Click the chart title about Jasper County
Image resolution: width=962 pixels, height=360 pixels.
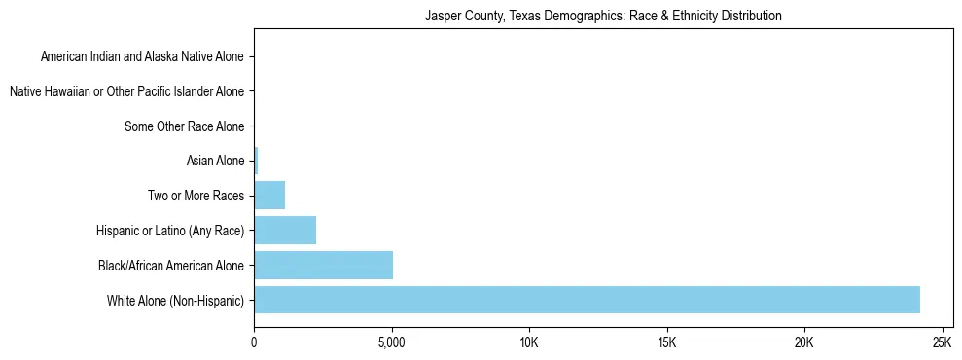click(x=603, y=17)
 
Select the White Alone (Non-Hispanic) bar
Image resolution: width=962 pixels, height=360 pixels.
click(x=587, y=300)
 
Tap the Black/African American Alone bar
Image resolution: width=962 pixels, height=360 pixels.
click(x=323, y=265)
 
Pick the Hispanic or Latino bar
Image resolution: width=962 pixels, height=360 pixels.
click(x=285, y=230)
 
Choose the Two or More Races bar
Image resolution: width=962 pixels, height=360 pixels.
click(x=269, y=196)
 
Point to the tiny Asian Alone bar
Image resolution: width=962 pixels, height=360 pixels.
click(x=256, y=161)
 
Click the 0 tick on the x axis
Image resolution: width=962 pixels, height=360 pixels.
click(x=254, y=342)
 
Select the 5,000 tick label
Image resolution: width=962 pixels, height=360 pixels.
click(x=391, y=342)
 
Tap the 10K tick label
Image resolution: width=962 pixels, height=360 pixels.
click(x=529, y=342)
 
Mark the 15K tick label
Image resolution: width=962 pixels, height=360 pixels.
click(x=666, y=342)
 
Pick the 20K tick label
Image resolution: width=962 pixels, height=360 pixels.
click(x=803, y=342)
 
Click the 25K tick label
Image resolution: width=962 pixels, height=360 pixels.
click(x=941, y=342)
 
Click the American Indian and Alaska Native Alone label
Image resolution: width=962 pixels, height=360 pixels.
click(x=142, y=57)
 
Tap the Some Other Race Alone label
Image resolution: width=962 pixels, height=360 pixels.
click(x=185, y=126)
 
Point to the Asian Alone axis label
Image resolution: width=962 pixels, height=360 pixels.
click(x=215, y=161)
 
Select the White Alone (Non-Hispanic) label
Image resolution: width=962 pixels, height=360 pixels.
click(x=176, y=300)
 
